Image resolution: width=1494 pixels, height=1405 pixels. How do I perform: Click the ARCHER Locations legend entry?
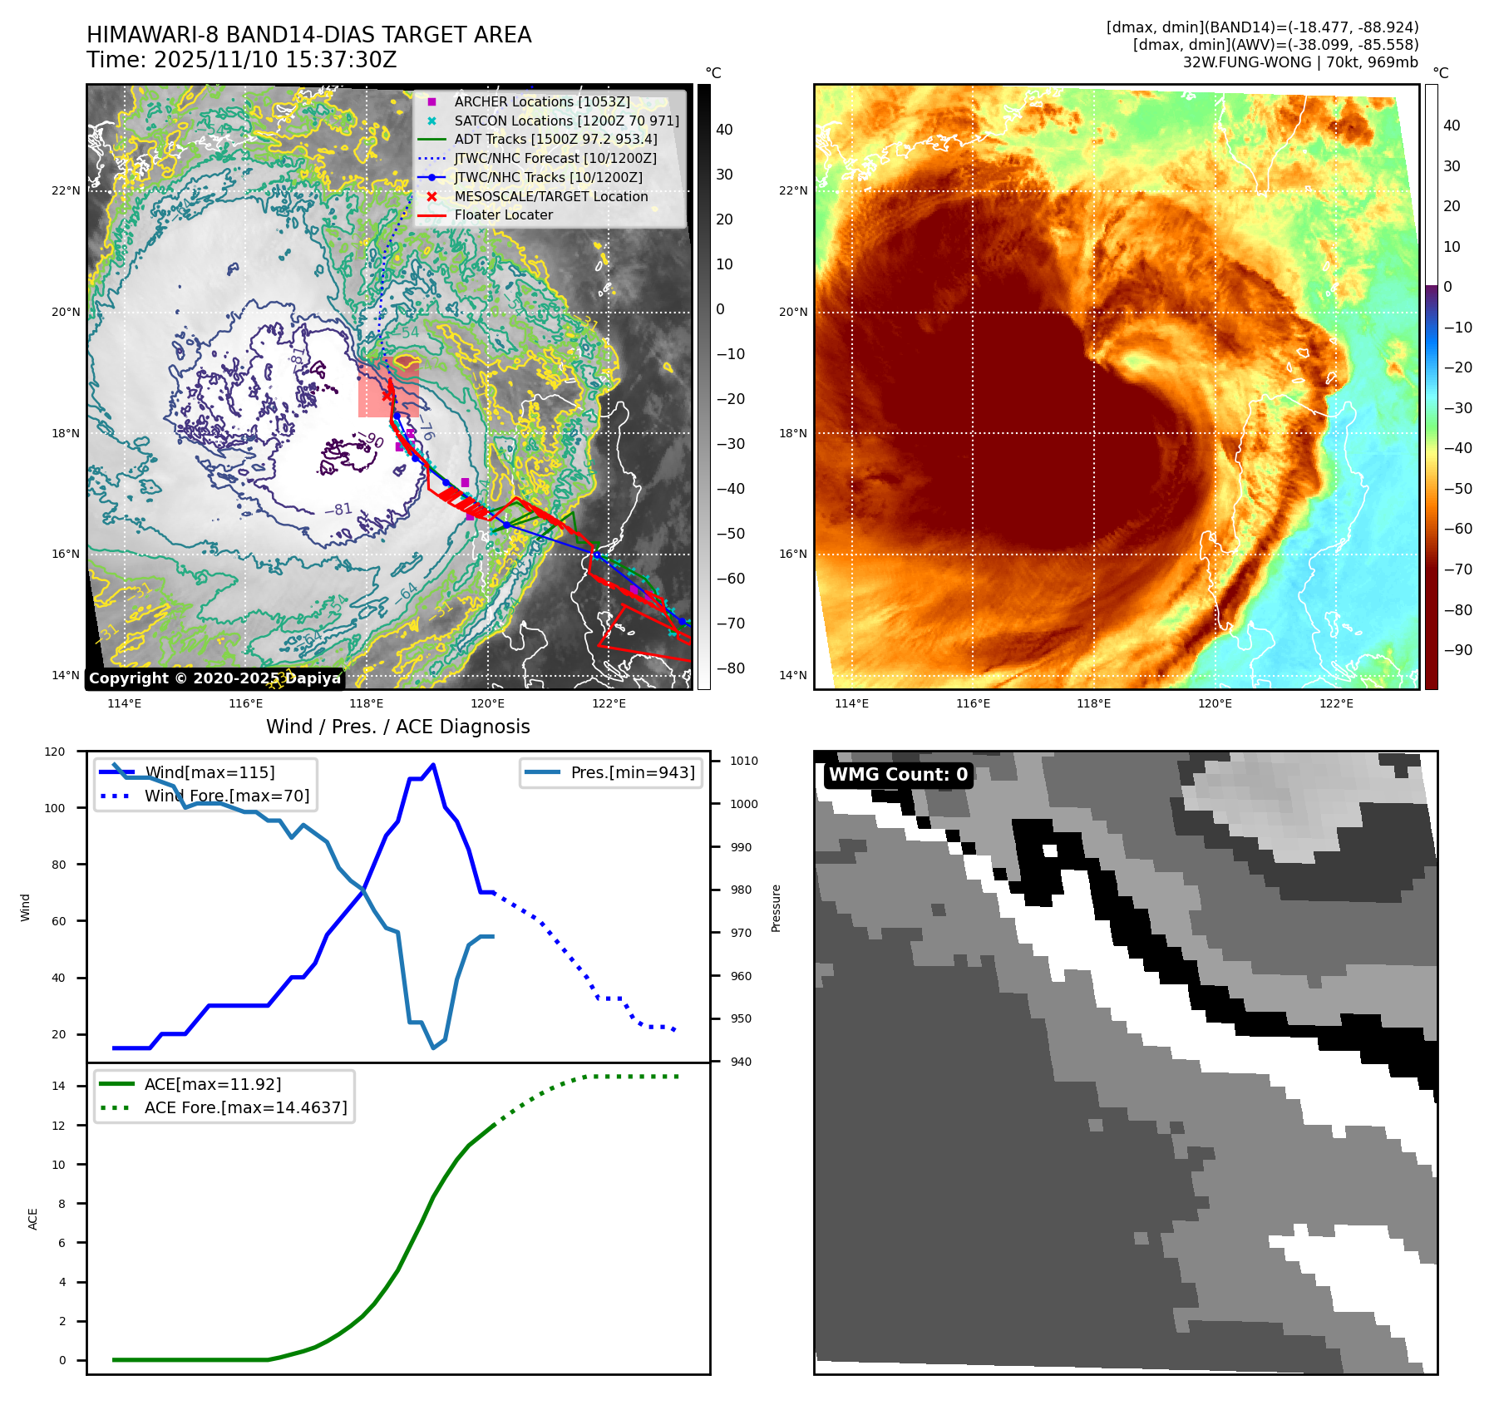click(541, 101)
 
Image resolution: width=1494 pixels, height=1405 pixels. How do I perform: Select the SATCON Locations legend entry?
click(566, 121)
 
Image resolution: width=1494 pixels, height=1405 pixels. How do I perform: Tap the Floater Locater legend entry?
click(503, 214)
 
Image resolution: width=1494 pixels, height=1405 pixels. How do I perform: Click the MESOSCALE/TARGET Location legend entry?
click(550, 196)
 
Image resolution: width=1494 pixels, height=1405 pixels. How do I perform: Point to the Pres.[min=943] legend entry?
click(632, 772)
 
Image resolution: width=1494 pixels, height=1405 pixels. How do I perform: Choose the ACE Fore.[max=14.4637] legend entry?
click(245, 1107)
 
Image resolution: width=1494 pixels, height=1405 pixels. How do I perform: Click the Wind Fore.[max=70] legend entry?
click(226, 796)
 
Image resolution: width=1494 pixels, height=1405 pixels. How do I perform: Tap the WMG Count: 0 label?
click(898, 775)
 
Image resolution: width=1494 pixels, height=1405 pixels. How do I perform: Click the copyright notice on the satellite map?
click(214, 678)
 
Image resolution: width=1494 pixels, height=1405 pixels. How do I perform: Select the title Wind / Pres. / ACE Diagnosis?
click(397, 727)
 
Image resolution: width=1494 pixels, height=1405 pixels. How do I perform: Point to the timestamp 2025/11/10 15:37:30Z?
click(275, 61)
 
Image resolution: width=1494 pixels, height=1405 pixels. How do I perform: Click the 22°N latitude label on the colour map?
click(792, 190)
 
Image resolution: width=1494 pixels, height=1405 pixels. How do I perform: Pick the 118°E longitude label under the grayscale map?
click(366, 703)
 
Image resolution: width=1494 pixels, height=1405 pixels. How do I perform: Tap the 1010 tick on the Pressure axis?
click(744, 761)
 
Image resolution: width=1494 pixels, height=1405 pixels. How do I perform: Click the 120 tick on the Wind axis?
click(55, 752)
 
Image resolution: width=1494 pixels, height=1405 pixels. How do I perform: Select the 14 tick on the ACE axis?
click(58, 1086)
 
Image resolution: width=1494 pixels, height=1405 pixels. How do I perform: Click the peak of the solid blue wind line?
click(433, 765)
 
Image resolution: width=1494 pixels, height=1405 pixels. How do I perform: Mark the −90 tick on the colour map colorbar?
click(1457, 650)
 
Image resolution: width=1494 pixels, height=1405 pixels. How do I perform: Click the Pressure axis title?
click(776, 908)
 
